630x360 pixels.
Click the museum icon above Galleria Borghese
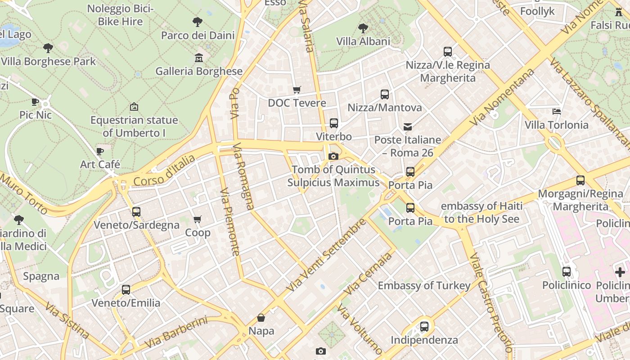point(198,58)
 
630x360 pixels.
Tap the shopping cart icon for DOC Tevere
point(297,90)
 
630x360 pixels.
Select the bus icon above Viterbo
point(333,123)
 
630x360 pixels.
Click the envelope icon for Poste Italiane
point(408,126)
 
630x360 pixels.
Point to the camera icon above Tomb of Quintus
point(333,156)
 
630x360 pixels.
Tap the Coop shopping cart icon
point(198,219)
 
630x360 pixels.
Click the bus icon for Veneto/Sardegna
point(136,211)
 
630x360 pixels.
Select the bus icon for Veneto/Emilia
point(126,289)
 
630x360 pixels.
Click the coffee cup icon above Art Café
point(100,151)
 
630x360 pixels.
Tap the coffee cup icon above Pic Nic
point(35,102)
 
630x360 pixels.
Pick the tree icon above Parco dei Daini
point(197,22)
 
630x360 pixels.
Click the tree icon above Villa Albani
point(363,28)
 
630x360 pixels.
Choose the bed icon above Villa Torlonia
point(557,111)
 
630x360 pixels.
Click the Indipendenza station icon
point(424,327)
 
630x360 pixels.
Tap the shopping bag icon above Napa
point(261,318)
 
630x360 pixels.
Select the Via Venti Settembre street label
point(326,255)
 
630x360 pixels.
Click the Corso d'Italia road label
point(164,171)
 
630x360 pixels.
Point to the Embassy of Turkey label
point(424,285)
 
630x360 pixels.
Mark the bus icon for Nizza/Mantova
point(384,94)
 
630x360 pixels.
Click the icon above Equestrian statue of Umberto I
point(134,107)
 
